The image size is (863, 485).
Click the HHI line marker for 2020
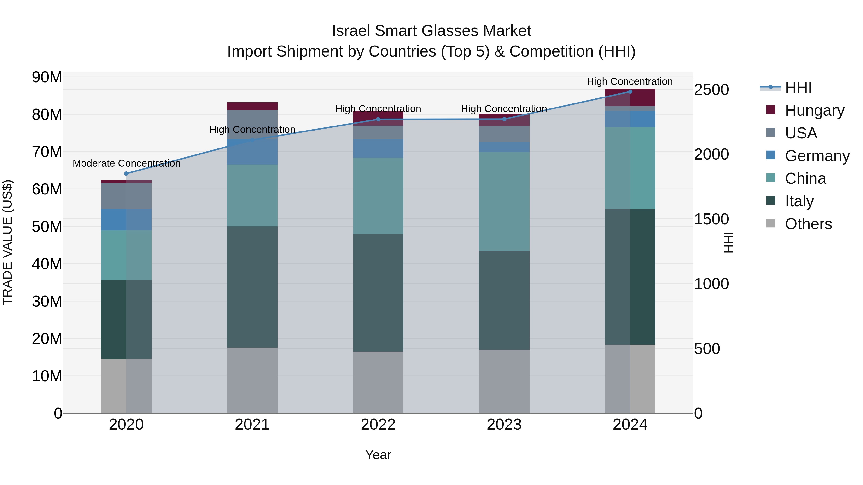pyautogui.click(x=126, y=173)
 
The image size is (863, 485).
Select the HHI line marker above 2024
pyautogui.click(x=630, y=91)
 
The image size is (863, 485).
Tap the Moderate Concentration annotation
pyautogui.click(x=126, y=163)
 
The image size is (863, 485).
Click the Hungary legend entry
pyautogui.click(x=814, y=110)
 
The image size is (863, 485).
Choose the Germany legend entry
pyautogui.click(x=817, y=156)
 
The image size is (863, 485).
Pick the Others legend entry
pyautogui.click(x=808, y=224)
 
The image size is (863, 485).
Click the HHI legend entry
pyautogui.click(x=798, y=88)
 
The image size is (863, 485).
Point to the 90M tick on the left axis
pyautogui.click(x=47, y=77)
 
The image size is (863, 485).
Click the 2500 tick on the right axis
pyautogui.click(x=711, y=90)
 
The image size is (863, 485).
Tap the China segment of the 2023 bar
pyautogui.click(x=504, y=201)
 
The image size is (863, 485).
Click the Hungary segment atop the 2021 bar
pyautogui.click(x=252, y=106)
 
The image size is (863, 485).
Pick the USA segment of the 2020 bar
pyautogui.click(x=126, y=196)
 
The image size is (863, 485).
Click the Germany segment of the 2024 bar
pyautogui.click(x=630, y=119)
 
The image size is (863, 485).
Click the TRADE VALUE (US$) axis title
pyautogui.click(x=7, y=242)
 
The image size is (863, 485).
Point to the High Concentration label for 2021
pyautogui.click(x=252, y=130)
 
